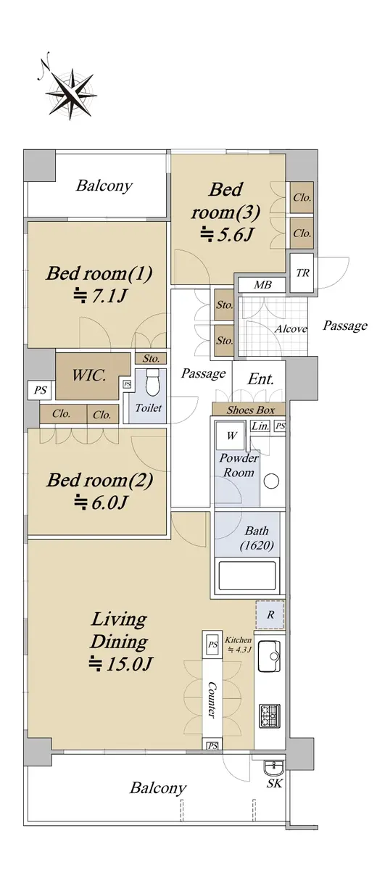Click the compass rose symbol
[x=71, y=94]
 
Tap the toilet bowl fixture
[x=152, y=382]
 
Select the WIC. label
[x=89, y=376]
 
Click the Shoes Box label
[x=251, y=410]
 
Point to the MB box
[x=262, y=285]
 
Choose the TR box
[x=302, y=273]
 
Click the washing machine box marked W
[x=231, y=435]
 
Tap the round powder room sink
[x=271, y=481]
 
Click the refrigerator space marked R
[x=270, y=615]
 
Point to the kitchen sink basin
[x=269, y=656]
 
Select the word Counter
[x=212, y=700]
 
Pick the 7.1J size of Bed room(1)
[x=101, y=297]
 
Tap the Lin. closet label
[x=260, y=426]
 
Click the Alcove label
[x=291, y=329]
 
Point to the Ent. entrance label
[x=261, y=378]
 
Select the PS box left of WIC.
[x=40, y=390]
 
